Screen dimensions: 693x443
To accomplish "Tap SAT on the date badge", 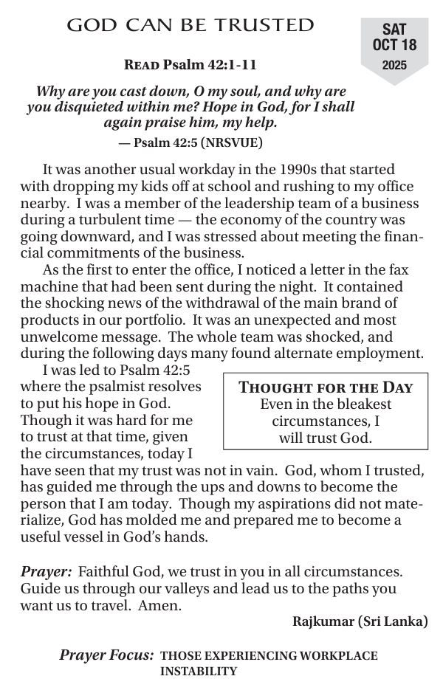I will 394,30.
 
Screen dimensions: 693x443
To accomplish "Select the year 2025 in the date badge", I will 394,65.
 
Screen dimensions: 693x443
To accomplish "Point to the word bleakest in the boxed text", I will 363,404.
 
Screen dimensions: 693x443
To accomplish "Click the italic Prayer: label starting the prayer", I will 45,571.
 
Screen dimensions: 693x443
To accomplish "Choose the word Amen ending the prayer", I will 164,605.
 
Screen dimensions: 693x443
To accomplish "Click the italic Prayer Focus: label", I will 107,655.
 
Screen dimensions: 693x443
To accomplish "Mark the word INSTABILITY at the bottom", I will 199,671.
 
